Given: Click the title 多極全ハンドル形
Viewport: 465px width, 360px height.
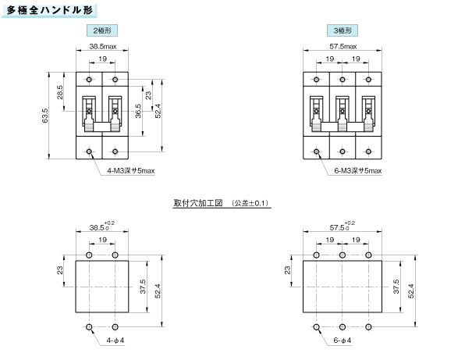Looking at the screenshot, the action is [49, 10].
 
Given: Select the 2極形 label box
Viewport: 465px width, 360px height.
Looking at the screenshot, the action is [102, 30].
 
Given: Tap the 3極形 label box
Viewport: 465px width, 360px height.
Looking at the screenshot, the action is [343, 30].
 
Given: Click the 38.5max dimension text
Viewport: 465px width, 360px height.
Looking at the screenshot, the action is [103, 46].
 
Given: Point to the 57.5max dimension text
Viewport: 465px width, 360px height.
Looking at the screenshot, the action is [343, 46].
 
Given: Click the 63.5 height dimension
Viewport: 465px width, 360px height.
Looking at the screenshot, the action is [44, 116].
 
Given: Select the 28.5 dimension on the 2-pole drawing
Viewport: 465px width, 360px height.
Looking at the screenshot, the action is [60, 92].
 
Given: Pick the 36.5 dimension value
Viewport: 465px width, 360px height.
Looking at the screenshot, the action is [138, 111].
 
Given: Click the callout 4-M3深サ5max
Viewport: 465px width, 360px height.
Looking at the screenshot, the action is [131, 171].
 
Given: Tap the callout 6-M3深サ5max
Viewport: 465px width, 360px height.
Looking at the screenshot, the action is [358, 171].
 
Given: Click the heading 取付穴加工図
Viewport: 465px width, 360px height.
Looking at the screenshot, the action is [198, 203].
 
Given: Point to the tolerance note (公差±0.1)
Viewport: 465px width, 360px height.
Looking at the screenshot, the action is [250, 203].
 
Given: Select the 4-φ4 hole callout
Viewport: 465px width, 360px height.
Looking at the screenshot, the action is [115, 340].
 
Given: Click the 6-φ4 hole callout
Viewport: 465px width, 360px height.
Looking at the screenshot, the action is [343, 340].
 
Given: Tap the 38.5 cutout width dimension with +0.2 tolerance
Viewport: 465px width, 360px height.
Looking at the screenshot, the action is [102, 226].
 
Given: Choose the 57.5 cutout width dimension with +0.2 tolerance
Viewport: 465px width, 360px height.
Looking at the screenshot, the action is [343, 226].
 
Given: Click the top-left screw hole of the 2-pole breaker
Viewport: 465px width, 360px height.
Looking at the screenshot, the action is [89, 79].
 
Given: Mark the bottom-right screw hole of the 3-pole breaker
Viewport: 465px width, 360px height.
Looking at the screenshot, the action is [368, 151].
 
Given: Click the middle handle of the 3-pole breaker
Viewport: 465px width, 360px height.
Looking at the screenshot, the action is [343, 114].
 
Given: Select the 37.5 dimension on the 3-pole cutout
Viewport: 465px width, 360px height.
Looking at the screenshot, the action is [396, 287].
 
